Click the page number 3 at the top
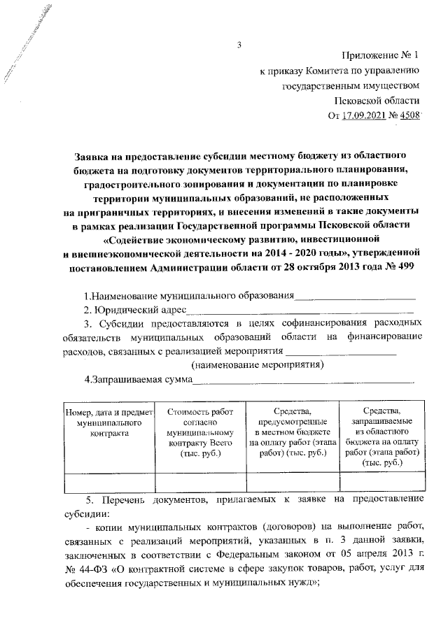[x=239, y=47]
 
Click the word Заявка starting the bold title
[x=94, y=152]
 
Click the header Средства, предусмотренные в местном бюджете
[x=292, y=433]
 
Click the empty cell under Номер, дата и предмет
[x=109, y=483]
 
